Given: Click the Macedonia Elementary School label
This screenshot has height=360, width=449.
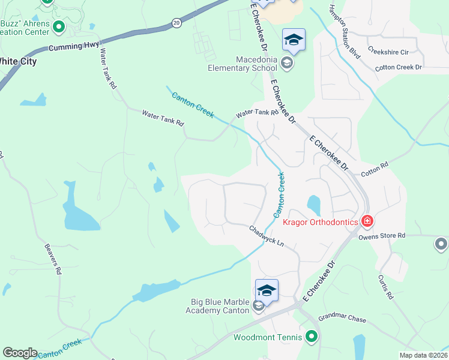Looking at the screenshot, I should pyautogui.click(x=247, y=64).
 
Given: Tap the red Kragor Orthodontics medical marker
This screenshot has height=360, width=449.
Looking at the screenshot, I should pyautogui.click(x=367, y=222).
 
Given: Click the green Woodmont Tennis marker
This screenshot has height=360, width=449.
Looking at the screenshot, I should pyautogui.click(x=311, y=337).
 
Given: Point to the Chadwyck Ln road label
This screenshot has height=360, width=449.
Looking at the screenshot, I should pyautogui.click(x=266, y=236).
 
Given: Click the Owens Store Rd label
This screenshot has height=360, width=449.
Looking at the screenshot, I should pyautogui.click(x=382, y=236).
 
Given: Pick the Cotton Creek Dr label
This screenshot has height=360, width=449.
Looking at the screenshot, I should pyautogui.click(x=399, y=67).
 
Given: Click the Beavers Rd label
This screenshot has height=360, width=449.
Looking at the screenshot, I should pyautogui.click(x=53, y=259).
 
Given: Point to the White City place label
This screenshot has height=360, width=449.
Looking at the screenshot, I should pyautogui.click(x=18, y=61).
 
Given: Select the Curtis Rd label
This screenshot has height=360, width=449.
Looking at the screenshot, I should pyautogui.click(x=385, y=287).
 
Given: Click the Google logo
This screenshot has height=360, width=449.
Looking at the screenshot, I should pyautogui.click(x=20, y=353).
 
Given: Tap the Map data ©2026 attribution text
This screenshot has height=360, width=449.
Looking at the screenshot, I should pyautogui.click(x=423, y=355).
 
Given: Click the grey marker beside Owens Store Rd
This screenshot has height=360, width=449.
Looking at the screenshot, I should pyautogui.click(x=441, y=244).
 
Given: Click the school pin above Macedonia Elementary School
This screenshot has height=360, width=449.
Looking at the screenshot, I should pyautogui.click(x=293, y=40).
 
